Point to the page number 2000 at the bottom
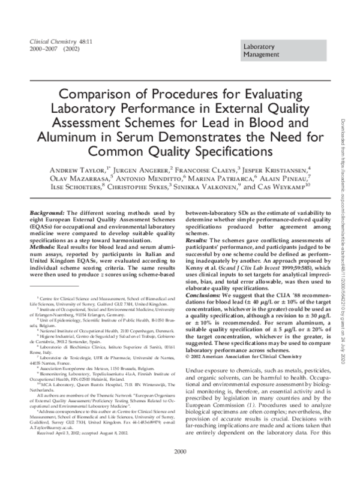click(179, 468)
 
